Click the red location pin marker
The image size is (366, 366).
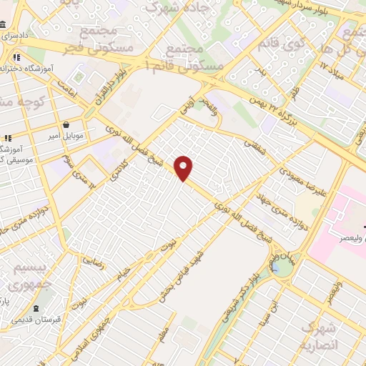click(184, 168)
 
